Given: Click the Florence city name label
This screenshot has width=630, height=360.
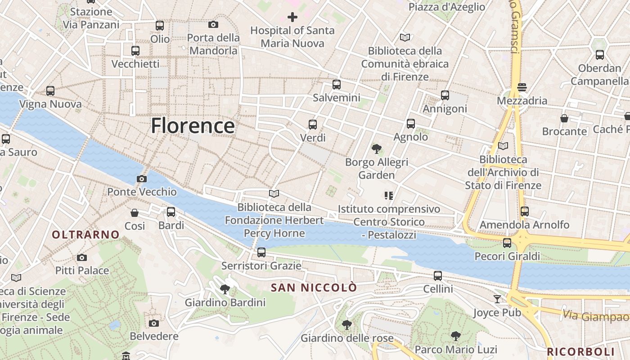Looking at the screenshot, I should (x=193, y=126).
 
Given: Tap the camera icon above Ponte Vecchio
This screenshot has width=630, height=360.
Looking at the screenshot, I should (x=142, y=179).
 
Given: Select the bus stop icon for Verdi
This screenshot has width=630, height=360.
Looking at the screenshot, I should (x=312, y=125).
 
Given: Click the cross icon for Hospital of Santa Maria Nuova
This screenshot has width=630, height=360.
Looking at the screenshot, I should (x=292, y=18).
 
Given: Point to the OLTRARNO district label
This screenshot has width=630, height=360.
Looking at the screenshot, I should (x=85, y=234).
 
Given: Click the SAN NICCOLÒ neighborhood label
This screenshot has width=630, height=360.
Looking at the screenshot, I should (x=314, y=288).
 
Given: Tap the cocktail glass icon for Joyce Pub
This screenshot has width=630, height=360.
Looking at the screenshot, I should (x=497, y=299).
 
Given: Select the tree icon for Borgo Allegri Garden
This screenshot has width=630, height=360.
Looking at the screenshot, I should (x=376, y=148).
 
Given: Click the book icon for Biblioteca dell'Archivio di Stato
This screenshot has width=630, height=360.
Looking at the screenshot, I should (x=503, y=146).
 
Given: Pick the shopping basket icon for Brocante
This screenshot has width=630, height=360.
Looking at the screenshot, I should (x=564, y=118).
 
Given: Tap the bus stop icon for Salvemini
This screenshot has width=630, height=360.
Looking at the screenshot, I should (x=336, y=85).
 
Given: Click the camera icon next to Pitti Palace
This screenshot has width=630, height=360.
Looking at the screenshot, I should (x=81, y=257).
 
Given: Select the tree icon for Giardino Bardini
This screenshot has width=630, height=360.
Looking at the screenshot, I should (x=225, y=289).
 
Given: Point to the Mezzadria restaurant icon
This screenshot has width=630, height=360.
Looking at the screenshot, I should (x=522, y=87).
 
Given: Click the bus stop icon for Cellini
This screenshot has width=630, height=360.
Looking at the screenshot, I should (x=438, y=276).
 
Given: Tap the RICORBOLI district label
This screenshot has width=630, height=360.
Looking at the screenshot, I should (x=580, y=351).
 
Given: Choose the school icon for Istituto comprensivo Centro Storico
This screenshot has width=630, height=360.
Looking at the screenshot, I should (x=389, y=195).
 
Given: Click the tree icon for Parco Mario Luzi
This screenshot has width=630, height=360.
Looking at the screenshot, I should (x=455, y=336).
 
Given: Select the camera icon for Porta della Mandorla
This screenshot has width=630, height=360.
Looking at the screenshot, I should (x=213, y=24).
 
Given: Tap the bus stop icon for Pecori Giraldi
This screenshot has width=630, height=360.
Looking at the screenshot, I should (x=507, y=243).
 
